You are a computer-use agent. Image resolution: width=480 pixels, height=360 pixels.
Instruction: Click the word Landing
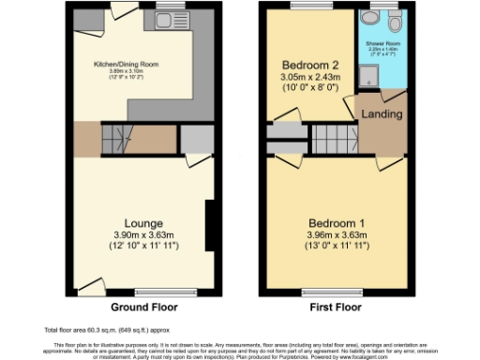click(x=382, y=114)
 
